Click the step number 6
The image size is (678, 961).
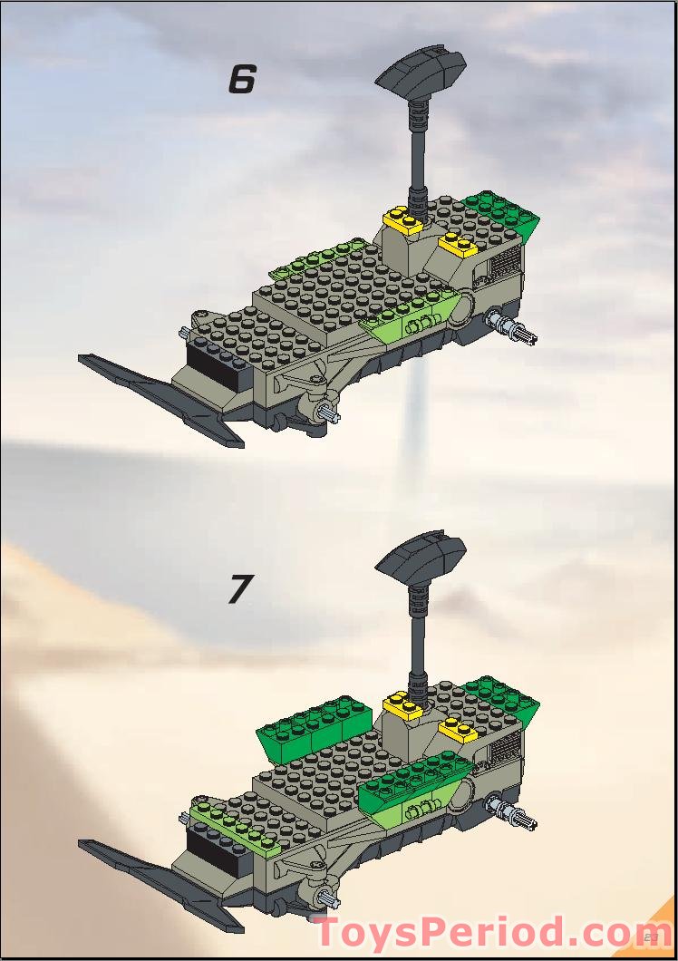tap(241, 80)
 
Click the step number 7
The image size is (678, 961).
tap(238, 589)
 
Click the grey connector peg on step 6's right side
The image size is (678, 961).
tap(511, 326)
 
